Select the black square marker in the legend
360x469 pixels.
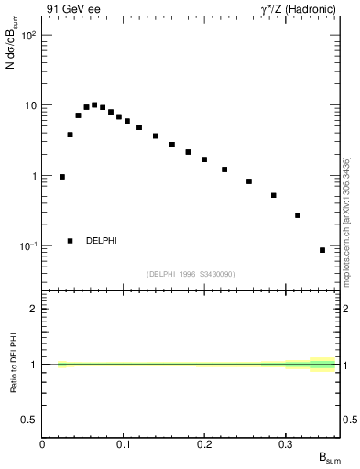pyautogui.click(x=70, y=241)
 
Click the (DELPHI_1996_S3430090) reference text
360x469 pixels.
pyautogui.click(x=190, y=274)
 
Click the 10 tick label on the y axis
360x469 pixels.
pyautogui.click(x=29, y=105)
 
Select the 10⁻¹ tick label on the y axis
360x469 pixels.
pyautogui.click(x=27, y=246)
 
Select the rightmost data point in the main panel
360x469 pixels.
pyautogui.click(x=322, y=250)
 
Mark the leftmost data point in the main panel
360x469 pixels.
pyautogui.click(x=61, y=177)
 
